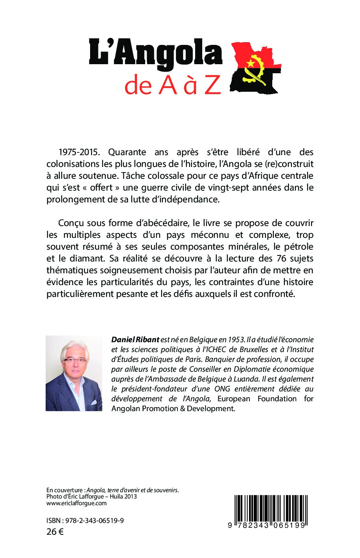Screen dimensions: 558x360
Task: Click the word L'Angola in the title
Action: click(x=155, y=54)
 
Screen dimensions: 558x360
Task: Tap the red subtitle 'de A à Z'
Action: click(x=172, y=85)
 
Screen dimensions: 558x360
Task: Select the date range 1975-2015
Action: click(x=80, y=152)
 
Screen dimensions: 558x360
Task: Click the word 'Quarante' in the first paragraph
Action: click(x=127, y=152)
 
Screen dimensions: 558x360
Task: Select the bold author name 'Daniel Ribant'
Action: click(x=135, y=339)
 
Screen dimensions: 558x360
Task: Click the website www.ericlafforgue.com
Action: click(x=76, y=503)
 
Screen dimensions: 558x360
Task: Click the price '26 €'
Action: click(x=55, y=532)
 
